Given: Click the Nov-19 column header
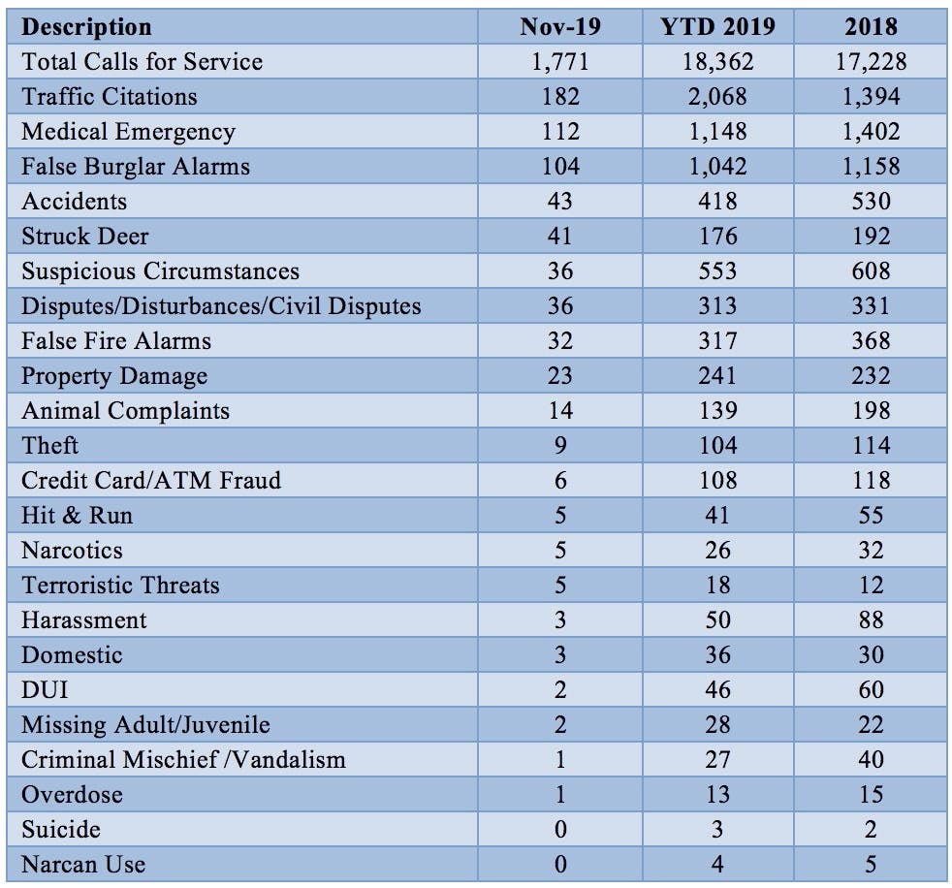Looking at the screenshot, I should pyautogui.click(x=559, y=26).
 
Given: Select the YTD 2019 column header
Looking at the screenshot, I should pyautogui.click(x=717, y=26).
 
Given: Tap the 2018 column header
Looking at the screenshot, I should pyautogui.click(x=870, y=26).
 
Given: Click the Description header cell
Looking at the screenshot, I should pyautogui.click(x=86, y=26).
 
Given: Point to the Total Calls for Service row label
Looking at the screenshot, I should pyautogui.click(x=142, y=62).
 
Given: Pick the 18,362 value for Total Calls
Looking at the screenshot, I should pyautogui.click(x=717, y=62).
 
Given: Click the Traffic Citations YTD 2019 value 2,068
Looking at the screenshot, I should pyautogui.click(x=717, y=97).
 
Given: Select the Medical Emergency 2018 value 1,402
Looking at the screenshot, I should pyautogui.click(x=870, y=132).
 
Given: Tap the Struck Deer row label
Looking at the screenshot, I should pyautogui.click(x=85, y=237).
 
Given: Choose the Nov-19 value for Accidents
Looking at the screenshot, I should pyautogui.click(x=559, y=202).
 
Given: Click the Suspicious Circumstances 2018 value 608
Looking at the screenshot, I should pyautogui.click(x=870, y=271).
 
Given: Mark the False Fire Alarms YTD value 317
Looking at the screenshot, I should pyautogui.click(x=717, y=341).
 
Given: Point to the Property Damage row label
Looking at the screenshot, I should pyautogui.click(x=114, y=376).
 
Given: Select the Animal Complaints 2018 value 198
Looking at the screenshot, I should pyautogui.click(x=870, y=411).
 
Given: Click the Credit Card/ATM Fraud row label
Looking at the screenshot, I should pyautogui.click(x=151, y=481).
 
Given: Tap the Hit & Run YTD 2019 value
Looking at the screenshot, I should pyautogui.click(x=717, y=516).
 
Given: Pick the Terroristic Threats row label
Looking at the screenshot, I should pyautogui.click(x=120, y=586).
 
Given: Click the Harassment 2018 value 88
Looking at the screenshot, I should pyautogui.click(x=870, y=620).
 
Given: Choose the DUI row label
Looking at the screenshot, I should pyautogui.click(x=45, y=690).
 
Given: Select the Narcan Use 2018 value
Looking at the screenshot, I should pyautogui.click(x=870, y=865).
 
